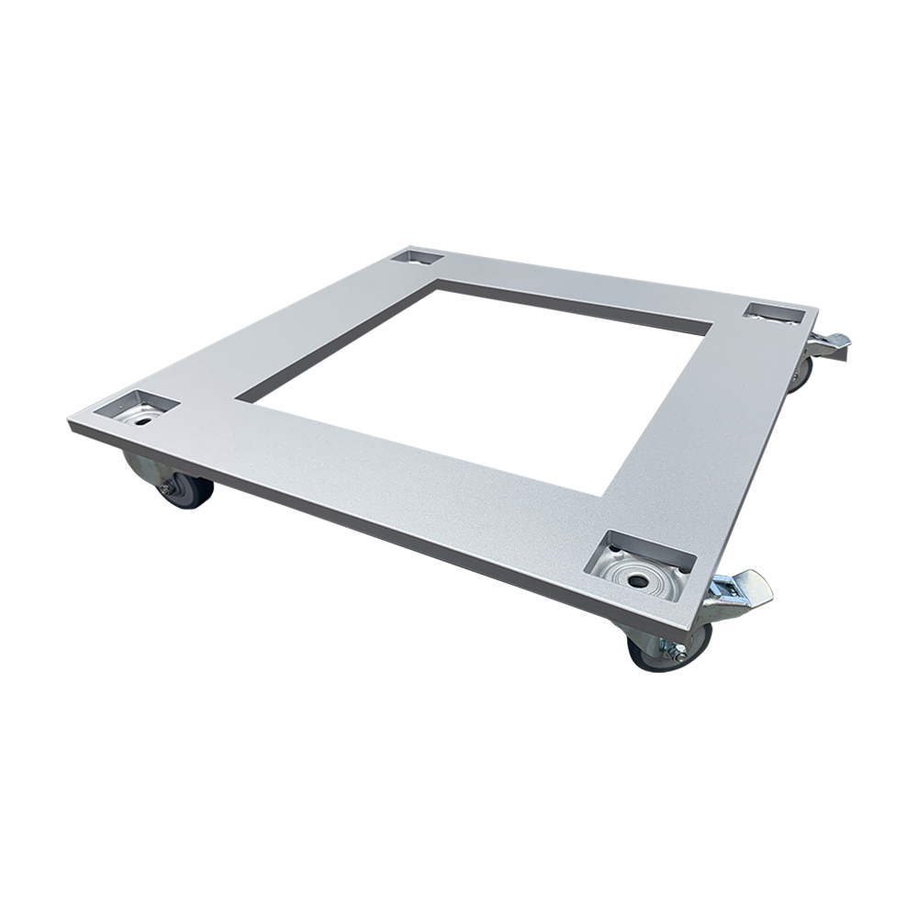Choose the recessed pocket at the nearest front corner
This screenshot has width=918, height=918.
(635, 564)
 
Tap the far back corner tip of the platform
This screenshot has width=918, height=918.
(404, 247)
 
